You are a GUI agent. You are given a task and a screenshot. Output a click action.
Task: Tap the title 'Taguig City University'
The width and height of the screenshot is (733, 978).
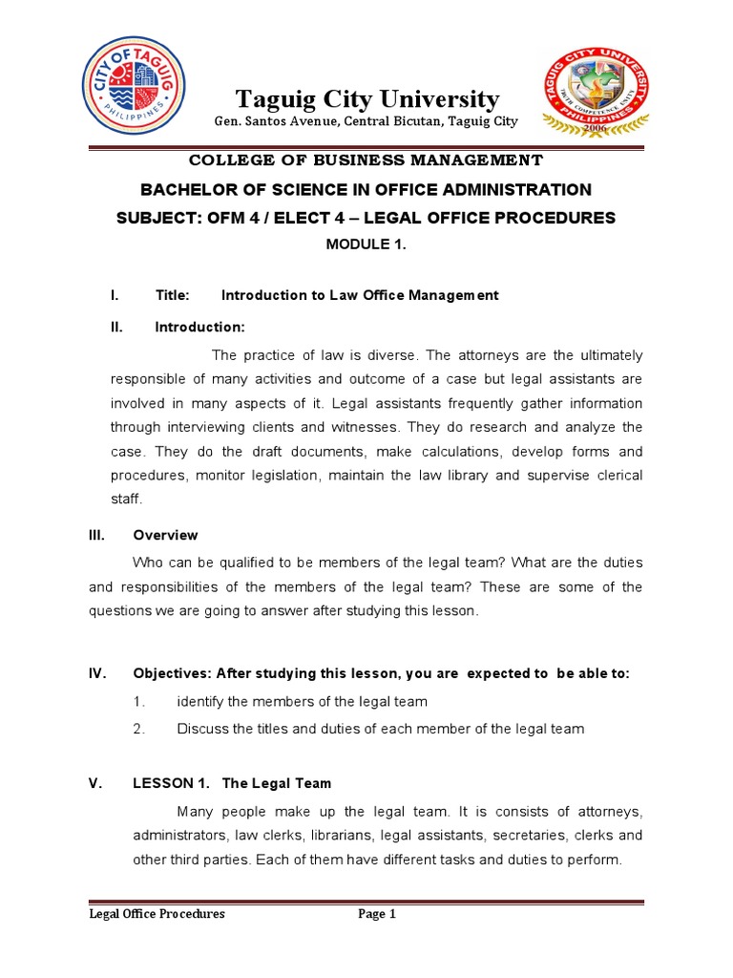(367, 99)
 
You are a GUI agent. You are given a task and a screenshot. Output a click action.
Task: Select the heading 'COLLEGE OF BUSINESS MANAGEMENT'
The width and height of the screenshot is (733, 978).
(366, 160)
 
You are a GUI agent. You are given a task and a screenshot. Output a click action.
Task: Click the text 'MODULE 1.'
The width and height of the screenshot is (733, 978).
(366, 244)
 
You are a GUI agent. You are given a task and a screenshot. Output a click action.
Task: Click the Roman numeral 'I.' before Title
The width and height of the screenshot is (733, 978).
(115, 296)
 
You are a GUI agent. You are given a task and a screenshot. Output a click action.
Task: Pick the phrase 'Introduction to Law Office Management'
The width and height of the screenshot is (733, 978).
(360, 296)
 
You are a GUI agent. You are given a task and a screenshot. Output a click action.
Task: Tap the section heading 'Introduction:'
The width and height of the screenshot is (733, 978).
(199, 328)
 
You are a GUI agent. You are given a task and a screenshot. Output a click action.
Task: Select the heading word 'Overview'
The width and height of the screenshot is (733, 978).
(165, 535)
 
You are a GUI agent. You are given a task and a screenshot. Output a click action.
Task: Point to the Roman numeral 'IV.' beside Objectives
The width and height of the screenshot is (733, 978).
(96, 673)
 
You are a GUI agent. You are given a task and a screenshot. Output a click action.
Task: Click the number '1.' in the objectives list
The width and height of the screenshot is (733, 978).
(139, 702)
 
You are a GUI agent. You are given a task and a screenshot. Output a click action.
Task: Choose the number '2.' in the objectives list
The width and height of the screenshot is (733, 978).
(139, 729)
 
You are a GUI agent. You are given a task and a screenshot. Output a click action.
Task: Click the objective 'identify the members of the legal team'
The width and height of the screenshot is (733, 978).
(302, 702)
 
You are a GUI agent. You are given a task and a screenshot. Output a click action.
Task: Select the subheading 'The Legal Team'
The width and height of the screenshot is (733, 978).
(277, 783)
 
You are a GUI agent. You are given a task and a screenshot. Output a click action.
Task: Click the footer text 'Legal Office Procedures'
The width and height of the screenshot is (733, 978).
(157, 914)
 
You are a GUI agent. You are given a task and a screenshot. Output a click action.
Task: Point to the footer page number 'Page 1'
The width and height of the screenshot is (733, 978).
(377, 914)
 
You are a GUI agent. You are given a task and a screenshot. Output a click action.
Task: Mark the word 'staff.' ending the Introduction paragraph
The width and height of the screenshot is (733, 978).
(127, 500)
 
